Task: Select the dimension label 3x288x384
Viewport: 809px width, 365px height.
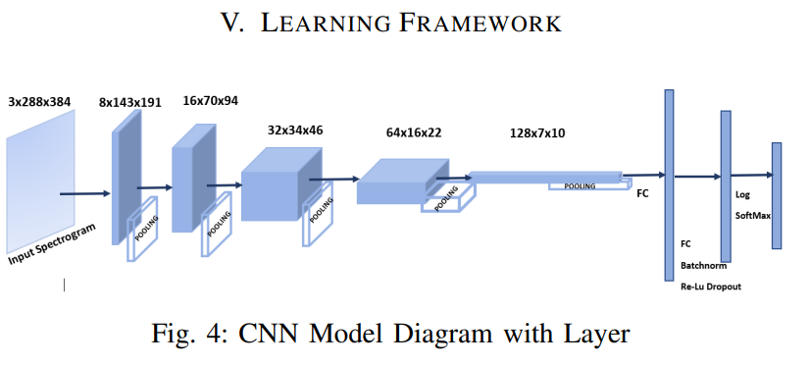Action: click(41, 101)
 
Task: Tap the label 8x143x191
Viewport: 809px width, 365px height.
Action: click(131, 101)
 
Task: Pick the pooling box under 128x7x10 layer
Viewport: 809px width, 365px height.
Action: click(584, 185)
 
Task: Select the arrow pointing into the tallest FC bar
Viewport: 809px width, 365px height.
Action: click(644, 176)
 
